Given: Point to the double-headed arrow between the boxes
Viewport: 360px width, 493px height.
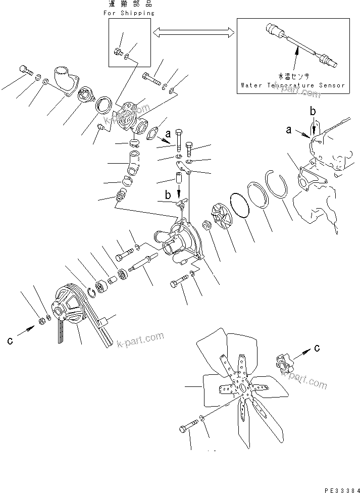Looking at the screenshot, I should tap(194, 33).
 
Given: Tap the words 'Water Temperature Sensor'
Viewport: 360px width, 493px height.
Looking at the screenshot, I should tap(293, 85).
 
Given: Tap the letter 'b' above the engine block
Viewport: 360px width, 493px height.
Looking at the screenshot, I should tap(313, 111).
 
